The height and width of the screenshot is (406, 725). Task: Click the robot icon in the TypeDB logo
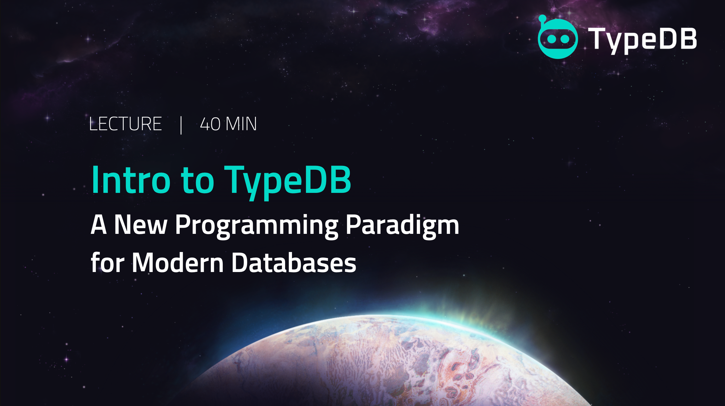click(x=558, y=37)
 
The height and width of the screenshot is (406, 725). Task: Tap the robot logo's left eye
click(x=552, y=39)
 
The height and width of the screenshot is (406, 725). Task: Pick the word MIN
click(x=241, y=124)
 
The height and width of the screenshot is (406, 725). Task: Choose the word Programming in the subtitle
click(x=257, y=227)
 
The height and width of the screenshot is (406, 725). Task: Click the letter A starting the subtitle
click(x=99, y=224)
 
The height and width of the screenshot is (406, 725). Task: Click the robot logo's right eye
click(x=564, y=39)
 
